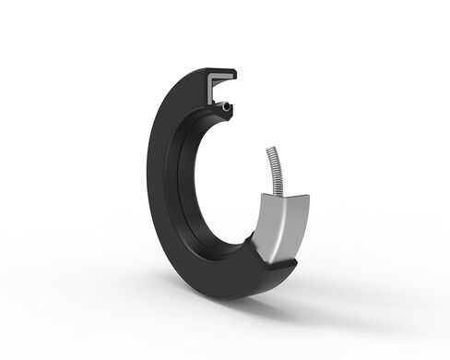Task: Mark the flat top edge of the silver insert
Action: click(282, 198)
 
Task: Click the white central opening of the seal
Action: click(231, 185)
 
